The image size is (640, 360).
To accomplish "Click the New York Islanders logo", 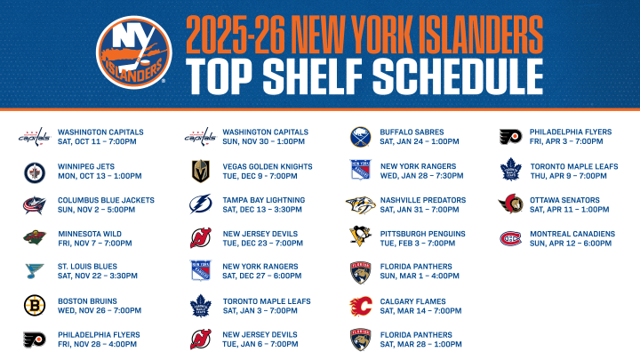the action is tap(134, 52).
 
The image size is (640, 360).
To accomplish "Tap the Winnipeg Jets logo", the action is tap(35, 172).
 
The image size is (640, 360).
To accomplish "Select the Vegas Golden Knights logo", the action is tap(201, 171).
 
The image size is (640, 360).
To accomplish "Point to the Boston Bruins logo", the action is tap(35, 305).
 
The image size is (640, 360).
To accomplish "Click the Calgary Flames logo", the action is tap(361, 306).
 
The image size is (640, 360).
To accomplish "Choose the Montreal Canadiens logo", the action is tap(510, 238).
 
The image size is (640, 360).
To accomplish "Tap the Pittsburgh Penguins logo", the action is tap(360, 236).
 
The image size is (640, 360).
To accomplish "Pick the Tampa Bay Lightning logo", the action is tap(200, 204).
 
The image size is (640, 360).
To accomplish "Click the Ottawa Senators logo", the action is tap(510, 204).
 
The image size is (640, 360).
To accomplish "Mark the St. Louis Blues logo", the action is tap(35, 270).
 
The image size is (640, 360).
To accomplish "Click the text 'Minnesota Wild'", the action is tap(90, 234).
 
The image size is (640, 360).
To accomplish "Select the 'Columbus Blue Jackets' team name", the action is tap(106, 200).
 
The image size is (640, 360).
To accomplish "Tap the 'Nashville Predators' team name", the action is tap(423, 200).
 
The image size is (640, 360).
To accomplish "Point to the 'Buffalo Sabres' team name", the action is tap(412, 132).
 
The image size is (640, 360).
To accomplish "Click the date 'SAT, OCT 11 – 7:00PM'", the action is tap(97, 141).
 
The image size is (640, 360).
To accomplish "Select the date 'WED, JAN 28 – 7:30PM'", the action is tap(421, 176).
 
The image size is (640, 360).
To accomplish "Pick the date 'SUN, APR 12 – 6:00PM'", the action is tap(571, 244).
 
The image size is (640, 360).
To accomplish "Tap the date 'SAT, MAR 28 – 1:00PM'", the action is tap(420, 344).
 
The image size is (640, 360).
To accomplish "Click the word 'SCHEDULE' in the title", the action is tap(458, 76).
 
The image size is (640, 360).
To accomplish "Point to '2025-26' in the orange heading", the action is tap(235, 35).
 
